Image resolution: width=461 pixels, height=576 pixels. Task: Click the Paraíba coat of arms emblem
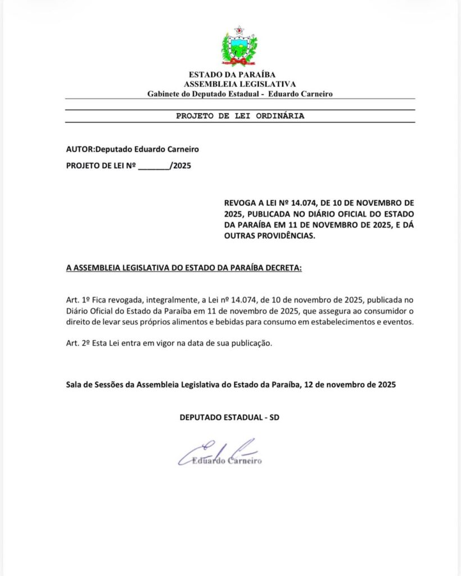[x=239, y=47]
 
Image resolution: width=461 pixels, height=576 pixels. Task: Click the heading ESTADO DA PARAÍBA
[x=232, y=74]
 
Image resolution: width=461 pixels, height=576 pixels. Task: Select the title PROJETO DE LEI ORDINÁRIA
[x=240, y=116]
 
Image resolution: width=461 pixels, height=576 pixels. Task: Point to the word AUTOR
[x=79, y=149]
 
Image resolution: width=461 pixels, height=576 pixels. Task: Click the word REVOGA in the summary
[x=240, y=201]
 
